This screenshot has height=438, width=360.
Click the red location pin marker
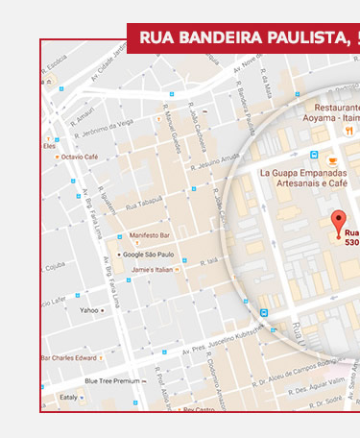pos(337,223)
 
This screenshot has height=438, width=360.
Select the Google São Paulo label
pos(148,255)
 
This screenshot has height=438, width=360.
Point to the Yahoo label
pos(89,310)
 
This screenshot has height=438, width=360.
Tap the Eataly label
pos(68,396)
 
